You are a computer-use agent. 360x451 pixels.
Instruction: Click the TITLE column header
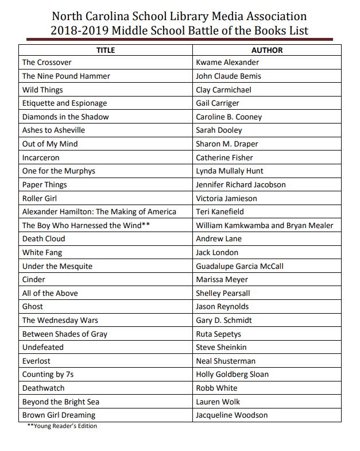[x=105, y=50]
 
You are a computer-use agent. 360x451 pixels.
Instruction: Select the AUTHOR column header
[x=267, y=50]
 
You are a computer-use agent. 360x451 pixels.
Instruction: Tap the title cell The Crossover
[x=44, y=63]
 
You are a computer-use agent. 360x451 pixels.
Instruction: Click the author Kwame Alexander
[x=227, y=63]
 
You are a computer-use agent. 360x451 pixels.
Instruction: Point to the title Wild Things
[x=42, y=90]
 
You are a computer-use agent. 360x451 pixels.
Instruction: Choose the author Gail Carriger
[x=218, y=103]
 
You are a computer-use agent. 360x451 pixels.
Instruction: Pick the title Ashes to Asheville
[x=53, y=130]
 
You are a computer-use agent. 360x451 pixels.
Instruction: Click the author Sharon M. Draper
[x=227, y=144]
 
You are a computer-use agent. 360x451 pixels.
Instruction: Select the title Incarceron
[x=41, y=157]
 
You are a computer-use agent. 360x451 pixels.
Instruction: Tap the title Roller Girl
[x=40, y=198]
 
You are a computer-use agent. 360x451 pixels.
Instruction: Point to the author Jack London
[x=217, y=253]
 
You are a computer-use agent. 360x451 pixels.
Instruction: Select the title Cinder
[x=34, y=280]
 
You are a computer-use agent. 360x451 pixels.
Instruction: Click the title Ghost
[x=33, y=307]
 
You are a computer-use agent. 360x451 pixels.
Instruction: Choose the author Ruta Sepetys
[x=219, y=334]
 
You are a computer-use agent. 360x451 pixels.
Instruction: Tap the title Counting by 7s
[x=48, y=375]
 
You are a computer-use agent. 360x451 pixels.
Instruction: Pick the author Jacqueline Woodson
[x=231, y=415]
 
